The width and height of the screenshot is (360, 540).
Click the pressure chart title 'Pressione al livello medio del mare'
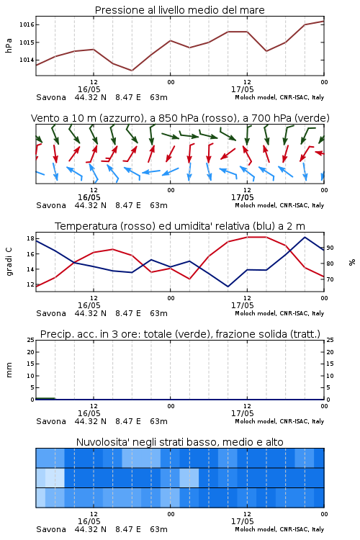click(x=179, y=10)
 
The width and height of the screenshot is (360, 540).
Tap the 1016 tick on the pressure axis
click(x=27, y=24)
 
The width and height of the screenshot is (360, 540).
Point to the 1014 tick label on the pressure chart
click(x=27, y=60)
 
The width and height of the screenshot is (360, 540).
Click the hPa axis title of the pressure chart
click(x=9, y=45)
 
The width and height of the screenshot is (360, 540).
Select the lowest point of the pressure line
click(x=132, y=71)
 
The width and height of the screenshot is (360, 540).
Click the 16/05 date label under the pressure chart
click(x=89, y=89)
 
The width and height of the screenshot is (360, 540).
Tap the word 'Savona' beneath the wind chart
click(x=51, y=205)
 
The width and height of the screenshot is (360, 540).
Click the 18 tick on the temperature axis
click(x=30, y=238)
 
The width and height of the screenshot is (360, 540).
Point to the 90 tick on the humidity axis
click(x=330, y=248)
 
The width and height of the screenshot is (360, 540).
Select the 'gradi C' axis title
click(x=9, y=261)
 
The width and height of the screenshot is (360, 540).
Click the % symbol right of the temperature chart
click(x=352, y=262)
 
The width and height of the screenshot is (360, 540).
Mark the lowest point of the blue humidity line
click(x=228, y=287)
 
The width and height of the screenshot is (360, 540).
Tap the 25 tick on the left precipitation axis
click(x=30, y=340)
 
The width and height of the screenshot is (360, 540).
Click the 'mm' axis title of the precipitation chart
click(x=9, y=370)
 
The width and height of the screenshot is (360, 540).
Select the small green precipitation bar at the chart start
click(x=45, y=398)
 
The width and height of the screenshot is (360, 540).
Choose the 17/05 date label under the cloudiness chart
click(x=242, y=521)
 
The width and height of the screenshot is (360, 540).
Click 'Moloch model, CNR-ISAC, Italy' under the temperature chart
click(x=279, y=313)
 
